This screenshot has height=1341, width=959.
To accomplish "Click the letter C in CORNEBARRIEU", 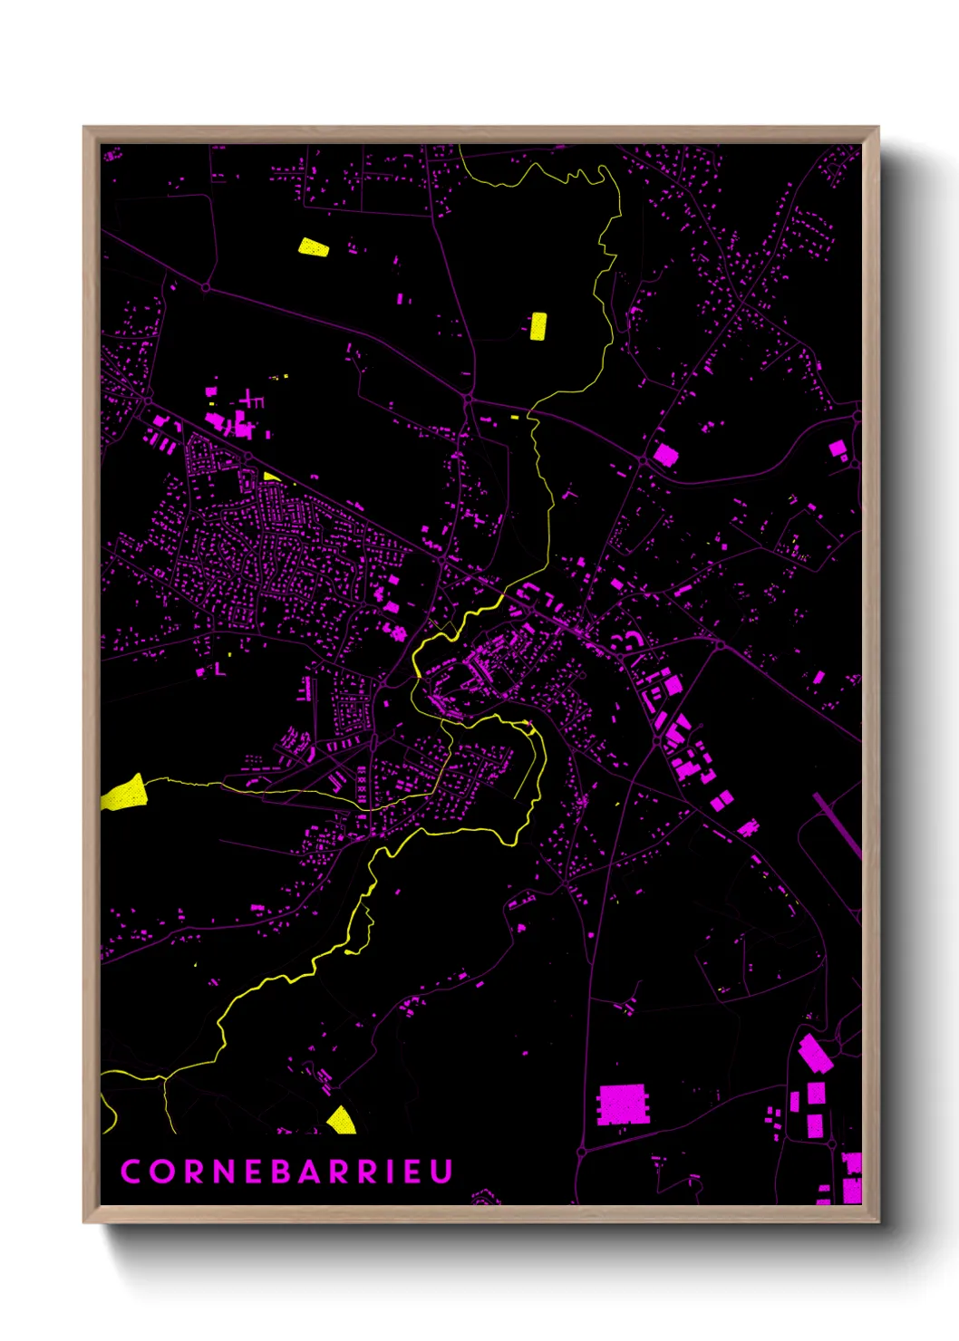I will point(131,1171).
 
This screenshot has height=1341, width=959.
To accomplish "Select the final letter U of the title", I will point(441,1171).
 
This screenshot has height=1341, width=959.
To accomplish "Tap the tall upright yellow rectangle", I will point(538,326).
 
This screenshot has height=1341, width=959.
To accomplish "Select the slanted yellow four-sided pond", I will point(314,246).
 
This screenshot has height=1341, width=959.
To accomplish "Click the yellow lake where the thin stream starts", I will point(124,794).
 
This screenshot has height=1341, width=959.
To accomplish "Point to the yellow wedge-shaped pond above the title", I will point(341,1121).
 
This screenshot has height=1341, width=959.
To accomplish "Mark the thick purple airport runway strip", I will point(838,825).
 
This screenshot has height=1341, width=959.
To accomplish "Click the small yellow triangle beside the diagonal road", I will point(270,476).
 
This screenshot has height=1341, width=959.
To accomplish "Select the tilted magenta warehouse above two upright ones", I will point(814,1053).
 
